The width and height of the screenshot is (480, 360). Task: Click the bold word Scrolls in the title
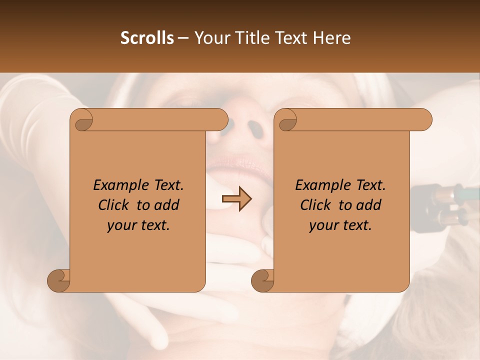pyautogui.click(x=147, y=38)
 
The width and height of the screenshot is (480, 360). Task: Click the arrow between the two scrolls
pyautogui.click(x=236, y=199)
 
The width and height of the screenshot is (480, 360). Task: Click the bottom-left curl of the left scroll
pyautogui.click(x=59, y=280)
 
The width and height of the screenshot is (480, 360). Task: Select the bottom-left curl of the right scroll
pyautogui.click(x=263, y=280)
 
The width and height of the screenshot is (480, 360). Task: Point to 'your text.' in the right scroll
pyautogui.click(x=340, y=225)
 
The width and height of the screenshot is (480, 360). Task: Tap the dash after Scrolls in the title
pyautogui.click(x=183, y=38)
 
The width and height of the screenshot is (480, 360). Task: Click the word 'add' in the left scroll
pyautogui.click(x=167, y=205)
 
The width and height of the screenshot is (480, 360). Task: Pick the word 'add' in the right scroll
pyautogui.click(x=369, y=205)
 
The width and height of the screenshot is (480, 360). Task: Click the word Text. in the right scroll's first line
pyautogui.click(x=368, y=185)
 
